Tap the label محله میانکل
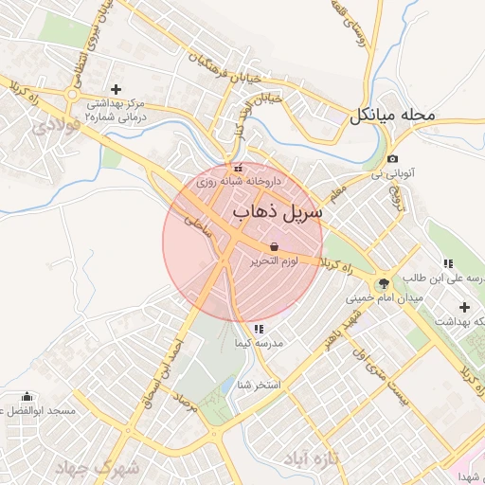[392, 116]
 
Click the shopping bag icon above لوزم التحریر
[274, 245]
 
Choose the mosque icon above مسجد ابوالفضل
[27, 397]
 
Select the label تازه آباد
[311, 459]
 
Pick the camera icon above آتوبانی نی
[393, 158]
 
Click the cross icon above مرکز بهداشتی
[116, 88]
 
